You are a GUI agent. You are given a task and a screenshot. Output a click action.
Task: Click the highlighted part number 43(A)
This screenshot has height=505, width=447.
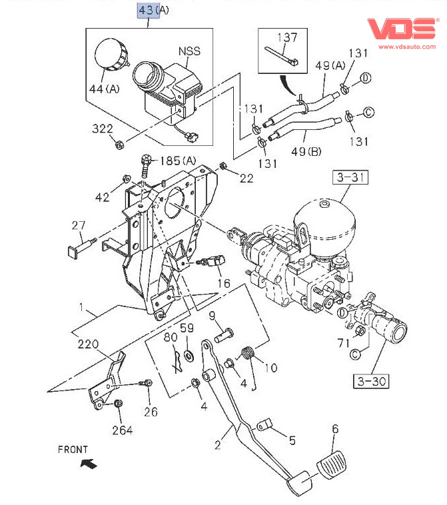click(153, 11)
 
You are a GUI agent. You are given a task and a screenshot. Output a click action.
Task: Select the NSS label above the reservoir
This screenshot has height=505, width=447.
click(189, 51)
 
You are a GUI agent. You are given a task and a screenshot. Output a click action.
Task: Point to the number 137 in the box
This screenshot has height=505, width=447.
click(287, 38)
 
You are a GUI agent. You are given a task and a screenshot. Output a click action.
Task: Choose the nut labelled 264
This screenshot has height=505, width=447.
click(119, 404)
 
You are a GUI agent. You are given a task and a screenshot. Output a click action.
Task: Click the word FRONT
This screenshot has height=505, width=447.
click(73, 450)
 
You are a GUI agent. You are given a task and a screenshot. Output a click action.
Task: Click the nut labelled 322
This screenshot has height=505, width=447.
click(117, 143)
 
